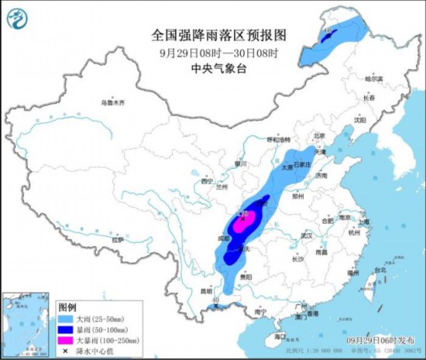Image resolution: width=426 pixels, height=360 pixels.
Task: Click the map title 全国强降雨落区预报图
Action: (x=218, y=36)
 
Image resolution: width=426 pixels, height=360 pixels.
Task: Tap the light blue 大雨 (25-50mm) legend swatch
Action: (x=68, y=318)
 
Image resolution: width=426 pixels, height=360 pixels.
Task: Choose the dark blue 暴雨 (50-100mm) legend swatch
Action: (x=68, y=329)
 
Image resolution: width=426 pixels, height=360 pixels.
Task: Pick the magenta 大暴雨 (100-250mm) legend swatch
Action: (x=68, y=339)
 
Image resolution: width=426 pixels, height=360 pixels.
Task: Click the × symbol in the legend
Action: (x=68, y=350)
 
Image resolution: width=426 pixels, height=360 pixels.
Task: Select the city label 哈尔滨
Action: (x=374, y=79)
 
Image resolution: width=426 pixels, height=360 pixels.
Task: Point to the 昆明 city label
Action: (x=207, y=291)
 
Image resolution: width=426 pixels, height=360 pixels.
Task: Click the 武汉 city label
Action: (x=306, y=235)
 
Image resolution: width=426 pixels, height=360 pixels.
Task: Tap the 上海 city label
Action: (x=364, y=221)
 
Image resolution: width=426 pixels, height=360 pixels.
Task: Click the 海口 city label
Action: (x=270, y=338)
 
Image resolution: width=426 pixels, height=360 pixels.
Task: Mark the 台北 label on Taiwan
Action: (x=379, y=270)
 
